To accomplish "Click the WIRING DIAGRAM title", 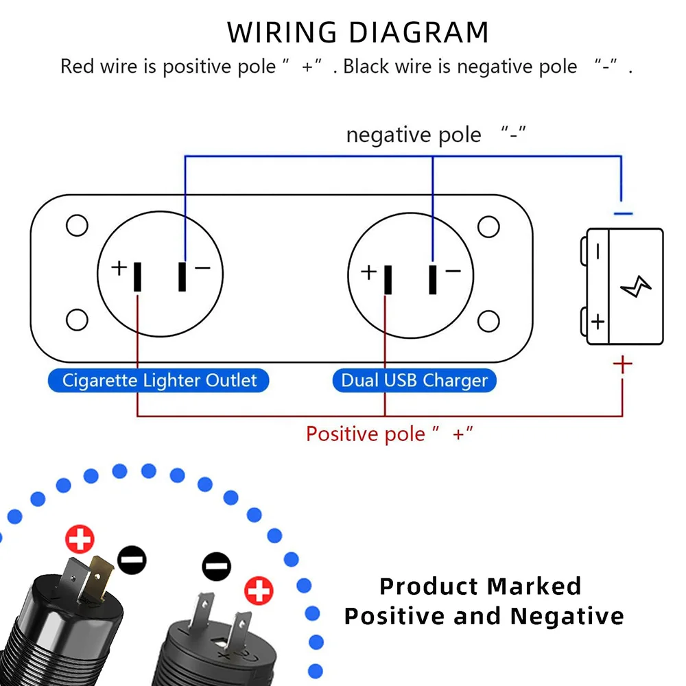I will tap(358, 33).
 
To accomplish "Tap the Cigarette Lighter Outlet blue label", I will tap(159, 380).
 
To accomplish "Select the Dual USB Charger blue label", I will tap(414, 380).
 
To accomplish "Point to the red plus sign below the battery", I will tap(622, 364).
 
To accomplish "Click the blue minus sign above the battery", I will tap(622, 214).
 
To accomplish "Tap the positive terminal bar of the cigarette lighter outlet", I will tap(138, 277).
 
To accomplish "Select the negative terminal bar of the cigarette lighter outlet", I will tap(182, 276).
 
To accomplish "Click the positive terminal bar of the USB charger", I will tap(388, 279).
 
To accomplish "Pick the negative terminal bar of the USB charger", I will tap(432, 279).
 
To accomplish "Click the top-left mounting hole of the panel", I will tap(77, 226).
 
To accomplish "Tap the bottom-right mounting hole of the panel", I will tap(488, 320).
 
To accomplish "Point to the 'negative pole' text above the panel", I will tap(414, 134).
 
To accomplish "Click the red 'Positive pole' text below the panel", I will tap(365, 434).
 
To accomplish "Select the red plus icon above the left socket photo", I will tap(80, 540).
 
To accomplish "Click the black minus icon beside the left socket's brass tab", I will tap(132, 560).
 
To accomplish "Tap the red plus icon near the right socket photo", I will tap(259, 590).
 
